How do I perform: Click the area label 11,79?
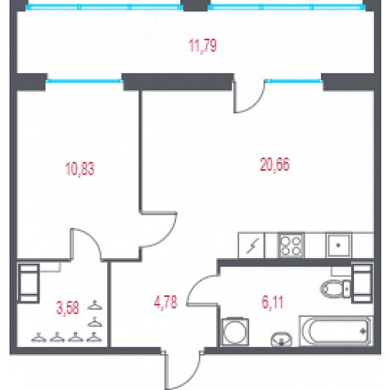pyautogui.click(x=202, y=45)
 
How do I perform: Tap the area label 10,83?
pyautogui.click(x=80, y=169)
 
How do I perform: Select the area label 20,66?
pyautogui.click(x=275, y=165)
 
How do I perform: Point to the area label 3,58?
pyautogui.click(x=67, y=308)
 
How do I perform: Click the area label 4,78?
pyautogui.click(x=166, y=302)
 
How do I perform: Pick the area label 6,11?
pyautogui.click(x=273, y=303)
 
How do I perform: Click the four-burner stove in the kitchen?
pyautogui.click(x=291, y=246)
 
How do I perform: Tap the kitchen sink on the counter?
pyautogui.click(x=338, y=246)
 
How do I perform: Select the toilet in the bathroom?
pyautogui.click(x=336, y=289)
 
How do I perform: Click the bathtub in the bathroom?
pyautogui.click(x=336, y=331)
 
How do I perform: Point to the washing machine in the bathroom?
pyautogui.click(x=235, y=331)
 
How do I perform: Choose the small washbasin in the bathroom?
pyautogui.click(x=282, y=339)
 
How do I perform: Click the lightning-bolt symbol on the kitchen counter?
pyautogui.click(x=252, y=246)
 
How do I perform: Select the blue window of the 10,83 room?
pyautogui.click(x=84, y=81)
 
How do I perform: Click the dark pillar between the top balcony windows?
pyautogui.click(x=195, y=5)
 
